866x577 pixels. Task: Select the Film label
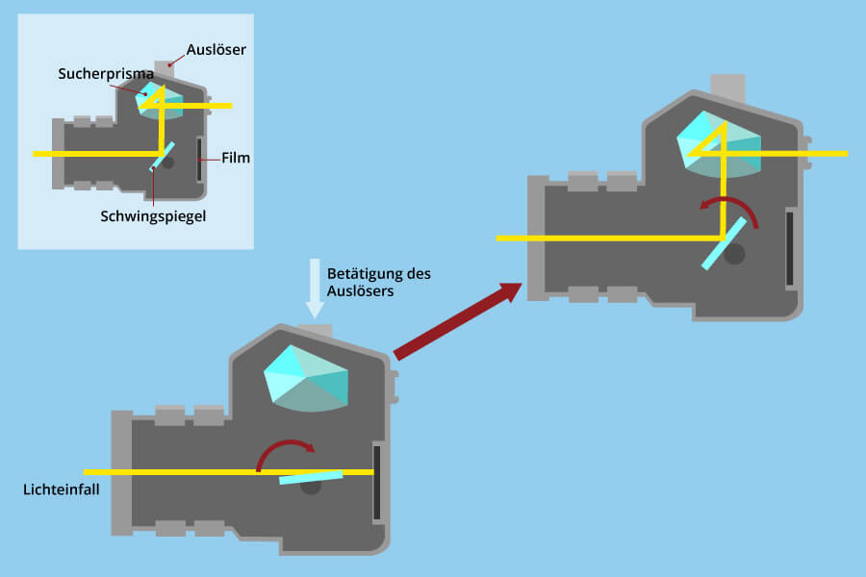click(235, 158)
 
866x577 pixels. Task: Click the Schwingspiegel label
click(153, 215)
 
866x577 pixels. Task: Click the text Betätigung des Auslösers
click(378, 281)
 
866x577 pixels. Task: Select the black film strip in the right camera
click(790, 248)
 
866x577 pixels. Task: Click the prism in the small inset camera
click(150, 98)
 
